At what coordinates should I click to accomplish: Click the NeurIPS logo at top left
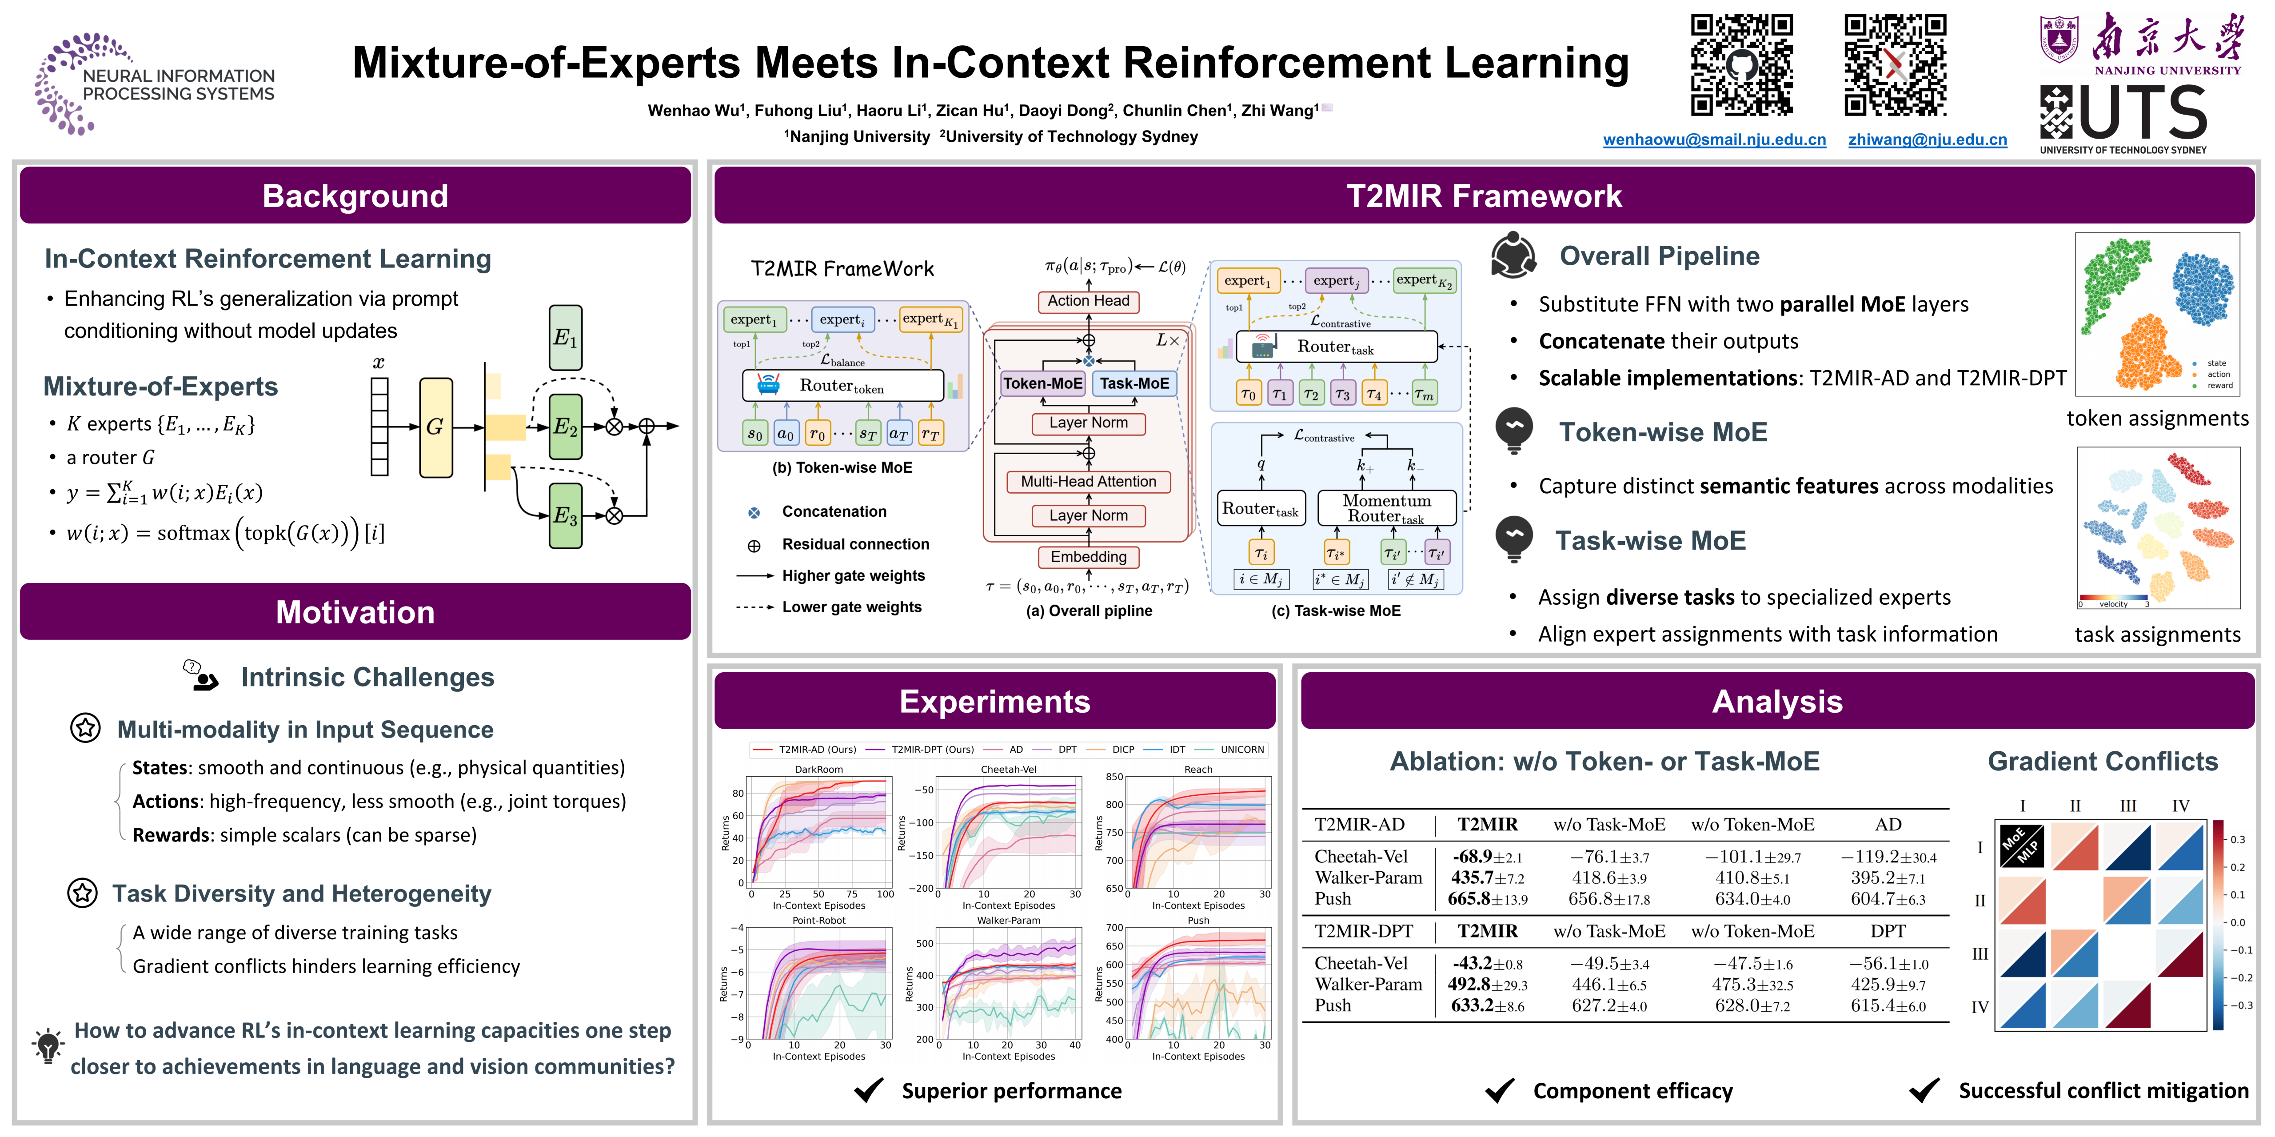click(x=155, y=84)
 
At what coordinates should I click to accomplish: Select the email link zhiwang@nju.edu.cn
click(x=1927, y=140)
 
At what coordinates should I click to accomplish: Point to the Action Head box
click(x=1088, y=301)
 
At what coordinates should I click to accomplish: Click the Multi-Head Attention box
click(x=1088, y=482)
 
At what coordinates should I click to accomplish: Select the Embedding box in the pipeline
click(x=1088, y=557)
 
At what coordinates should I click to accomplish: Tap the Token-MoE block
click(x=1042, y=383)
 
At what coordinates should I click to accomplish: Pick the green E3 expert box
click(x=565, y=516)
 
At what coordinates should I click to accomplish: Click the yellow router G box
click(x=435, y=427)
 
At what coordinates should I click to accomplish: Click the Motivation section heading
click(x=355, y=612)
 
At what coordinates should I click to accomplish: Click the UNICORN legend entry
click(x=1241, y=749)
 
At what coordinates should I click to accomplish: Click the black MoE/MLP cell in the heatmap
click(x=2022, y=846)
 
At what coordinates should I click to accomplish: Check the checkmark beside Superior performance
click(x=869, y=1090)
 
